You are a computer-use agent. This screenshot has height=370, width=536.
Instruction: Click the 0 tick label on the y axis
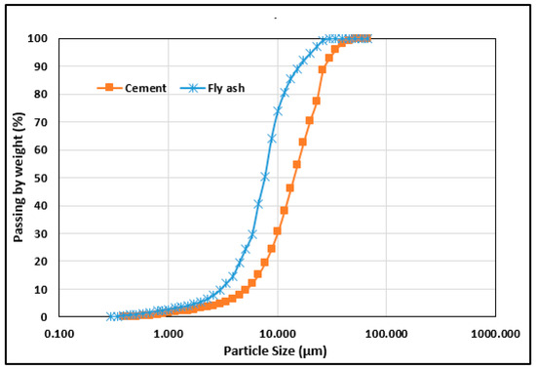[x=49, y=317]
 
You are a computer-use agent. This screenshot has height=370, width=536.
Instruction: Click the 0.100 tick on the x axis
[x=59, y=333]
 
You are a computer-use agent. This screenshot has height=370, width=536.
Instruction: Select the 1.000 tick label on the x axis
[x=169, y=333]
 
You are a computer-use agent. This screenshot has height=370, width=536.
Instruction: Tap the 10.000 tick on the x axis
[x=278, y=333]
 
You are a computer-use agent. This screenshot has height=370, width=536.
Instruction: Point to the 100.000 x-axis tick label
[x=387, y=333]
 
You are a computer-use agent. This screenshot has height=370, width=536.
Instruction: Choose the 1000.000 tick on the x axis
[x=495, y=333]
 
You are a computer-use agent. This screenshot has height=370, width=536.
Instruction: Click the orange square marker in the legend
[x=109, y=88]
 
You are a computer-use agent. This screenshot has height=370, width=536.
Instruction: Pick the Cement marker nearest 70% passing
[x=310, y=121]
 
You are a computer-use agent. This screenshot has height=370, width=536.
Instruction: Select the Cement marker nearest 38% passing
[x=285, y=210]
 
